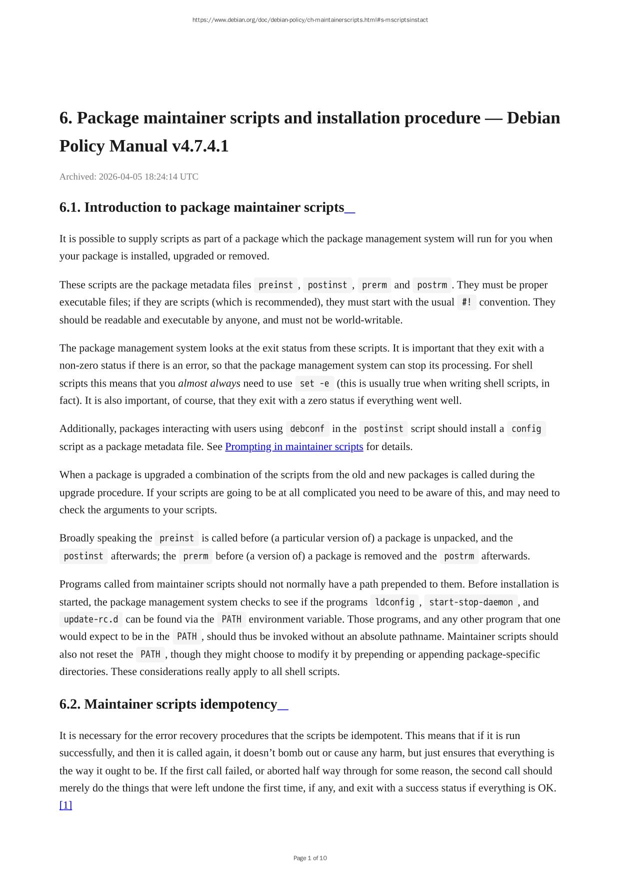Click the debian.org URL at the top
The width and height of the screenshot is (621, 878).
coord(310,20)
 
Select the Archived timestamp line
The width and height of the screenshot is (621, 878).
coord(129,176)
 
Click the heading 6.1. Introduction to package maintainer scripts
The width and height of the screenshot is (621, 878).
coord(201,207)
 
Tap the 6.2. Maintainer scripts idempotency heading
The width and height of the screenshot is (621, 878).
coord(168,704)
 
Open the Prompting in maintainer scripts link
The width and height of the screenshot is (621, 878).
coord(294,446)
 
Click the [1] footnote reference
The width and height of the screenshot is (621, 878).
coord(65,805)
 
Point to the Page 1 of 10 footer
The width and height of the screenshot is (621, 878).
coord(310,858)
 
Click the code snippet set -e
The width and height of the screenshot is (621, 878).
coord(314,383)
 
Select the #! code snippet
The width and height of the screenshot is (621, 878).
coord(466,302)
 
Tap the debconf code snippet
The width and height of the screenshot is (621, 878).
coord(307,428)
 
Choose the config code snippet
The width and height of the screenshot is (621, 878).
coord(526,428)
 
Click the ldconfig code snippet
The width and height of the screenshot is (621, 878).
coord(394,602)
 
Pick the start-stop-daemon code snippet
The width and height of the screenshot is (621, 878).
coord(471,602)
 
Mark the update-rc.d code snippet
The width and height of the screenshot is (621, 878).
coord(91,619)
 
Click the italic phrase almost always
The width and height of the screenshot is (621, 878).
coord(209,383)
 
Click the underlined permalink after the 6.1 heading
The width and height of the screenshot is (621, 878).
coord(350,208)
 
